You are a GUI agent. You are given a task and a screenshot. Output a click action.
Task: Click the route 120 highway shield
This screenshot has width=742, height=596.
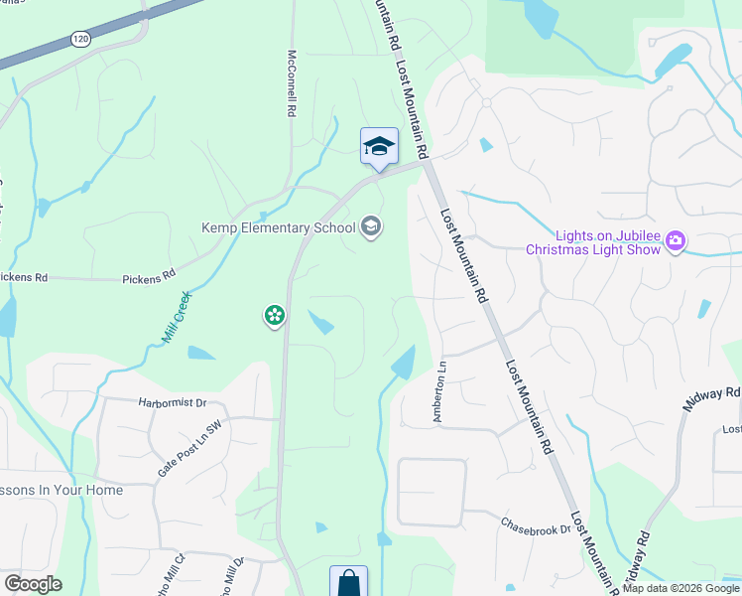point(79,39)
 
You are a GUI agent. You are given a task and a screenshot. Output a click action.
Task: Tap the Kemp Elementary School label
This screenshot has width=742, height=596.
point(278,228)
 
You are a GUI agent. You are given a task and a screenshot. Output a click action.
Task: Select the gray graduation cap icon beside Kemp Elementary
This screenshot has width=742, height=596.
point(371,226)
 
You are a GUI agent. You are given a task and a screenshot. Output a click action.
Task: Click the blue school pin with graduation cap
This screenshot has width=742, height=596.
point(379,147)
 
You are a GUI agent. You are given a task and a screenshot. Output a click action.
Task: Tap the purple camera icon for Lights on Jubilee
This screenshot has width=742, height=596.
point(676,241)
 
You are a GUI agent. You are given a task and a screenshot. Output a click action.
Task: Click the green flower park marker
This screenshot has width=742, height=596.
point(274,316)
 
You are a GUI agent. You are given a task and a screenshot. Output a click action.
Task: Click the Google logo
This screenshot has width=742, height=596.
point(33,584)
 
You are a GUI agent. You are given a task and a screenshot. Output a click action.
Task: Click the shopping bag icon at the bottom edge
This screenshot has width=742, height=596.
point(348,582)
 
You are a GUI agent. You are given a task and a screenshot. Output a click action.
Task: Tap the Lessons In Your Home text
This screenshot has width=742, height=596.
point(62,491)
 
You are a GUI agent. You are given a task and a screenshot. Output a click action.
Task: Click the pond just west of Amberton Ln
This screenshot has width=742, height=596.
point(404,364)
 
